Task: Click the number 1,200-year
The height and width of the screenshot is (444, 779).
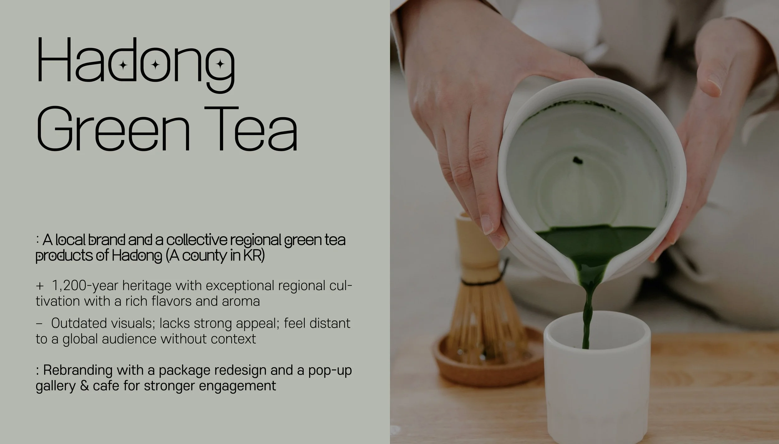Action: point(85,286)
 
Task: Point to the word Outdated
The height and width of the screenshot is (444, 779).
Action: point(79,323)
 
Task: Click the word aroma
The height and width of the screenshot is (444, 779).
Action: point(241,302)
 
